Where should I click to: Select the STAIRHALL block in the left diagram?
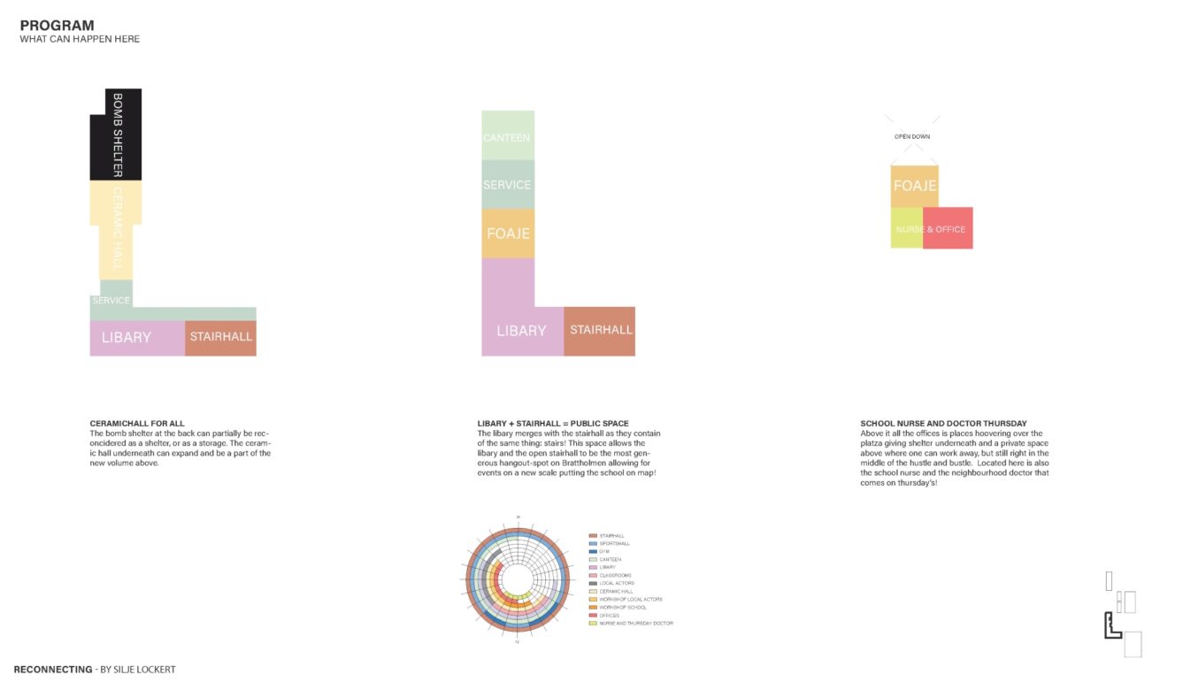[x=220, y=337]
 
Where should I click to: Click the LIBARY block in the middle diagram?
[x=521, y=330]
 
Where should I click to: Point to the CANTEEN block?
[x=507, y=136]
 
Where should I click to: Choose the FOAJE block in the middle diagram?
[x=508, y=234]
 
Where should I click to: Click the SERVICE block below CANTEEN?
[x=507, y=185]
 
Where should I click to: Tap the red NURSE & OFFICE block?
[x=948, y=229]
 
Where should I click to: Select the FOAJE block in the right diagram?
[x=913, y=187]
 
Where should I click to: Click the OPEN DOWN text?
[x=911, y=137]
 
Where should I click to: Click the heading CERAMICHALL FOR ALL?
[x=138, y=424]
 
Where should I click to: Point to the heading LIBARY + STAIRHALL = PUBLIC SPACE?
[x=553, y=424]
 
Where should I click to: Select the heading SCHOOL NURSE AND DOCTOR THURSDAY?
[x=943, y=424]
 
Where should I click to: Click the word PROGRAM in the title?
[x=57, y=26]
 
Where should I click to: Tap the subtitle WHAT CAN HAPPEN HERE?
[x=80, y=40]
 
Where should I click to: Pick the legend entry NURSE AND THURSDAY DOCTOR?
[x=635, y=624]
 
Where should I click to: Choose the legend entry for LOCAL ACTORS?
[x=616, y=584]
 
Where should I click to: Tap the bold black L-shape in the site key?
[x=1110, y=627]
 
